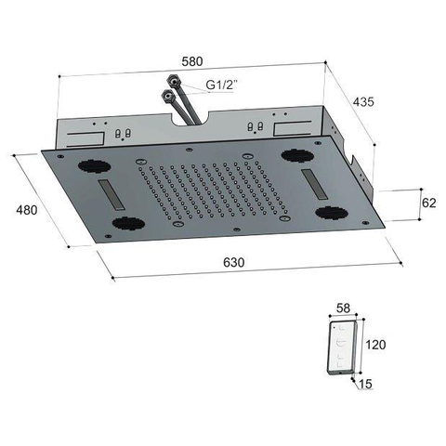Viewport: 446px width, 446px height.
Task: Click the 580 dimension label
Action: click(x=192, y=61)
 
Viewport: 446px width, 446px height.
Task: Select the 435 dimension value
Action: click(x=363, y=101)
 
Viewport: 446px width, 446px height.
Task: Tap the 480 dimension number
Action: click(x=27, y=210)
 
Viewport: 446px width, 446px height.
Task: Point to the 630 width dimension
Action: click(x=234, y=262)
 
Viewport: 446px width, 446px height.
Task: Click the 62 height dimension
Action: click(x=429, y=203)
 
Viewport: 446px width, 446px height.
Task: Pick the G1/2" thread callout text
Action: click(x=221, y=85)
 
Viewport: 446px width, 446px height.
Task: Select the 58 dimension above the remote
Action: click(x=343, y=308)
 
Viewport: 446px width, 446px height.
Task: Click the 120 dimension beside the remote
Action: click(x=375, y=345)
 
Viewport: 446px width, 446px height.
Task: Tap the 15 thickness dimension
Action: click(x=365, y=384)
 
